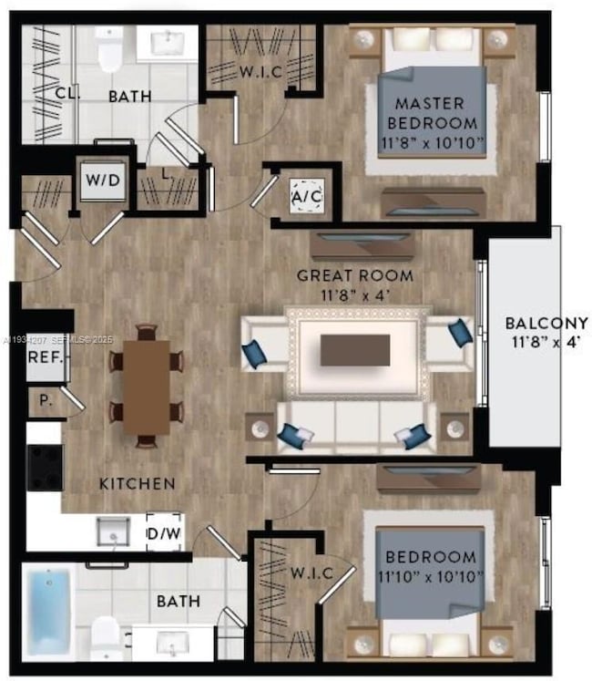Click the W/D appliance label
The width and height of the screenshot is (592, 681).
[102, 180]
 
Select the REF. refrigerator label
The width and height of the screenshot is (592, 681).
[45, 357]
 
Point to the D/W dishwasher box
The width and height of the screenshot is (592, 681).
[164, 531]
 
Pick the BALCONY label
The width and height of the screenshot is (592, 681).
[546, 330]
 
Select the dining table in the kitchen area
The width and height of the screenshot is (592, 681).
[146, 387]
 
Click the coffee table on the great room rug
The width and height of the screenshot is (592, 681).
[355, 349]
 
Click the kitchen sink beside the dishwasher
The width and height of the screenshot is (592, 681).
[113, 530]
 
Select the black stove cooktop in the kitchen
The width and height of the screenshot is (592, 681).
[44, 467]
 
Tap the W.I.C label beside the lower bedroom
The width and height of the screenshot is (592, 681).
[311, 573]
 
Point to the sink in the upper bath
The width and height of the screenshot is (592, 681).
[168, 43]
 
